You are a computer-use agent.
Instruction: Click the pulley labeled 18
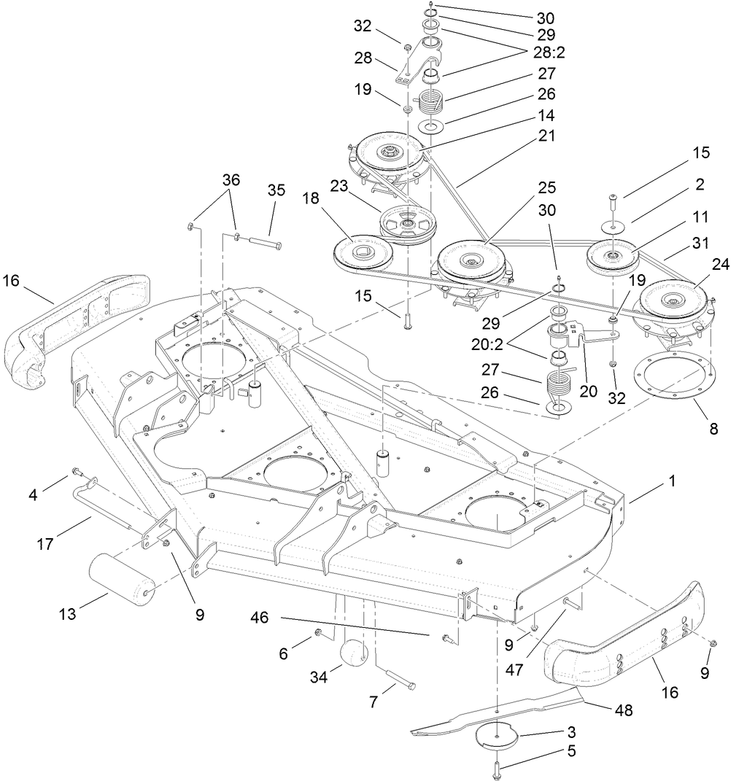coord(363,252)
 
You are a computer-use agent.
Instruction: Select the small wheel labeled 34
coord(354,651)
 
